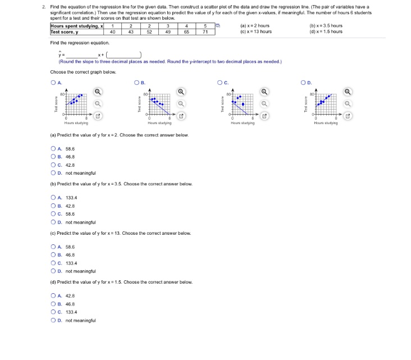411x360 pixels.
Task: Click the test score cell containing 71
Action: (x=205, y=31)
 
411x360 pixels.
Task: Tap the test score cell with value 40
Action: (x=113, y=31)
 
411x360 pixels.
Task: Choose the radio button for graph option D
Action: (x=304, y=83)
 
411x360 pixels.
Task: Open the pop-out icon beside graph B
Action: (x=181, y=116)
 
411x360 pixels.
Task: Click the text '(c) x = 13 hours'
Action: (x=255, y=31)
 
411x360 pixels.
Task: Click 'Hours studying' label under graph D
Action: (x=326, y=123)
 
